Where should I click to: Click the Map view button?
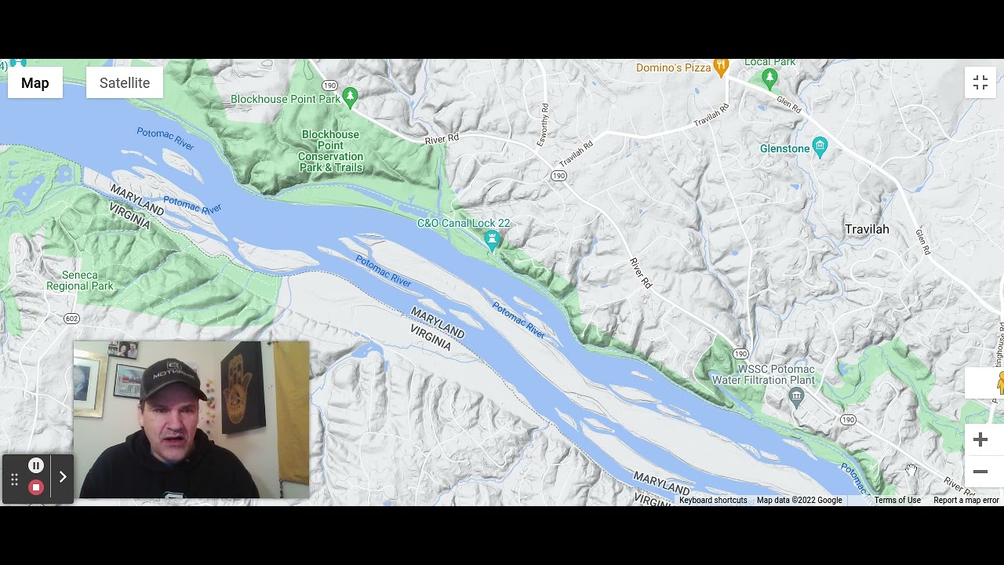[35, 83]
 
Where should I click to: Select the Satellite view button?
[125, 83]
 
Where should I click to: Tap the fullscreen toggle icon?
[980, 83]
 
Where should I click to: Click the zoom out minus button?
[980, 472]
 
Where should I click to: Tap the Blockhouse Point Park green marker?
[351, 97]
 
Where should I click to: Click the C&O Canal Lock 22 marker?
[492, 239]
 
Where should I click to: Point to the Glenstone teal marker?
[820, 147]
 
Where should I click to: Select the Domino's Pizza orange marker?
[721, 67]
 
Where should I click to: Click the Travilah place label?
[867, 229]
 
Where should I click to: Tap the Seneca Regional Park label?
[80, 281]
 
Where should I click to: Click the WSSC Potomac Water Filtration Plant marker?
[797, 395]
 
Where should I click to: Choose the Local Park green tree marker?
[769, 78]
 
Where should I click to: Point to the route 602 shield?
[72, 319]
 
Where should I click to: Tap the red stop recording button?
[35, 487]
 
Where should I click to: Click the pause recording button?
[35, 465]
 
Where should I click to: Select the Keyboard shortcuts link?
[713, 501]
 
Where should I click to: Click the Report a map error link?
[966, 501]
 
